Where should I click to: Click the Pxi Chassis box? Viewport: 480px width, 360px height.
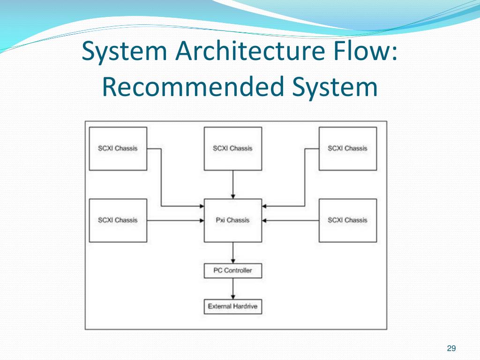tap(233, 220)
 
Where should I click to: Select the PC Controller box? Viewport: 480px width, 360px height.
tap(233, 270)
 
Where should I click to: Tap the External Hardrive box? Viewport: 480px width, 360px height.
tap(233, 307)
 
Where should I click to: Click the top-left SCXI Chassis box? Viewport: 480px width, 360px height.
tap(118, 148)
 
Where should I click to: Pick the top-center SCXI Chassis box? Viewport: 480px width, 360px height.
tap(233, 148)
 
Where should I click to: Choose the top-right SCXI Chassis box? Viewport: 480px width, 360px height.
tap(348, 148)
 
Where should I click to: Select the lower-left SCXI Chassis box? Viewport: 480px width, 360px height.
tap(118, 220)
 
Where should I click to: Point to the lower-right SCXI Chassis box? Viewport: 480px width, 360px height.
tap(348, 220)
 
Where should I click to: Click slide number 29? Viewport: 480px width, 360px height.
tap(451, 348)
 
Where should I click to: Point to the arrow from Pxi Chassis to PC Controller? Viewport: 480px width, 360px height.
tap(233, 253)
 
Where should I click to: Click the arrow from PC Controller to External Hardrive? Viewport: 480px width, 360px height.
tap(233, 288)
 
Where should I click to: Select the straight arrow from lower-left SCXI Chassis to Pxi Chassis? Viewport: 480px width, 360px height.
tap(175, 220)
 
